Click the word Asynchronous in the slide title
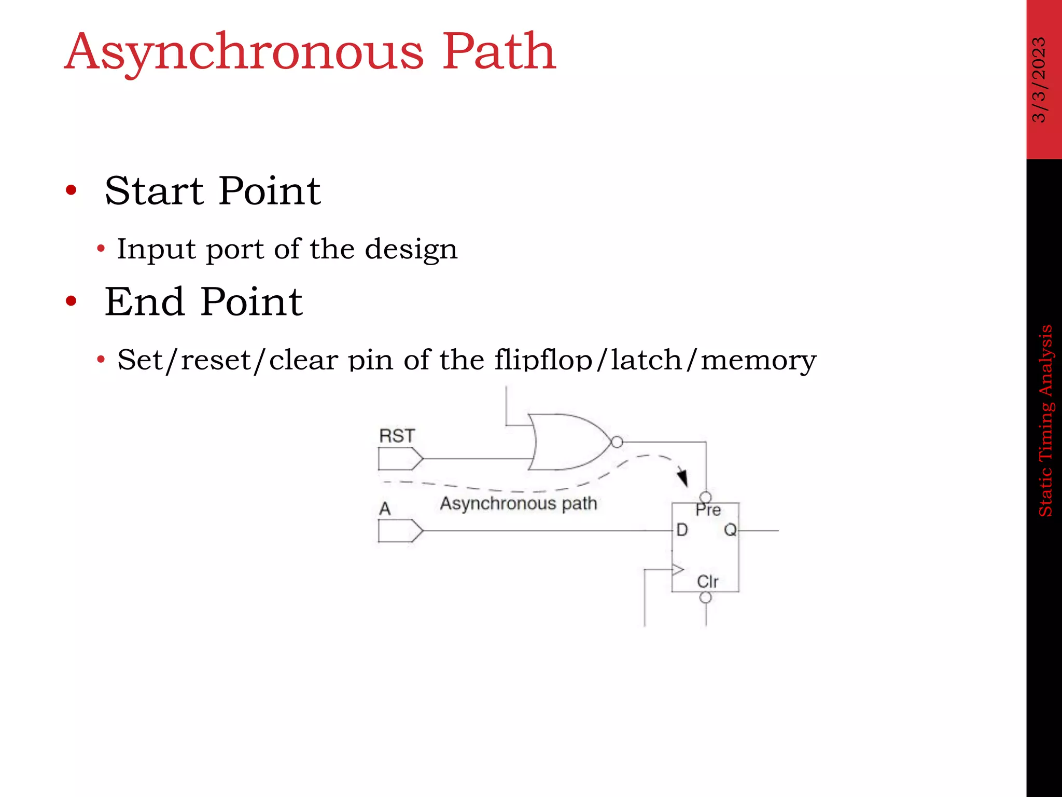(x=244, y=53)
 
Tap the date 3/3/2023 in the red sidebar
(x=1039, y=79)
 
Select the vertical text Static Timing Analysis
(x=1045, y=420)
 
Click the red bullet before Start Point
(x=71, y=190)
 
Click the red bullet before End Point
(x=71, y=301)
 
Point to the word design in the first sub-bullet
(x=411, y=250)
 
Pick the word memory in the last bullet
(x=758, y=360)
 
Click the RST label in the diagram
(x=397, y=436)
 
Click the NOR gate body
(x=565, y=442)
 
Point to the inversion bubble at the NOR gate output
(x=617, y=442)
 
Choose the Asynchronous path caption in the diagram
(x=519, y=503)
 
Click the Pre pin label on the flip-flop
(x=708, y=511)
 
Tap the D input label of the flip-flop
(x=682, y=530)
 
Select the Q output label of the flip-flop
(x=730, y=530)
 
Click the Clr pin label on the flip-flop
(x=707, y=582)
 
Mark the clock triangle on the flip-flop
(x=678, y=570)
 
